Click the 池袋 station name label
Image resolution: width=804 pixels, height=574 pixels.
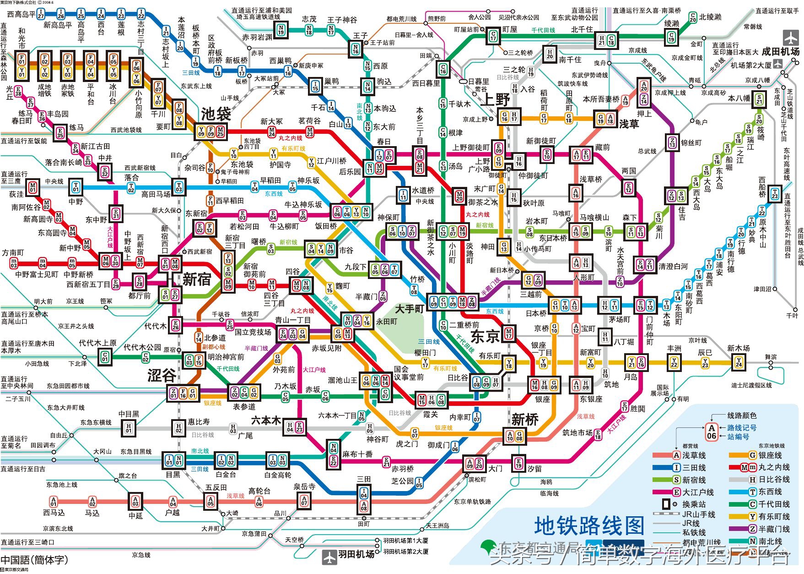(216, 114)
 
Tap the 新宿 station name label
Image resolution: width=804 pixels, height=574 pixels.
(197, 279)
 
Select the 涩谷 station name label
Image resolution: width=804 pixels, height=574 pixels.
(162, 376)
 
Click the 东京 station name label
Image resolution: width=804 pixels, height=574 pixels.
(485, 337)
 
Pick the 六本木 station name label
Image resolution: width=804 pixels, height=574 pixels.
(266, 420)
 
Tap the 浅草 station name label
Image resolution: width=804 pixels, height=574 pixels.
(629, 124)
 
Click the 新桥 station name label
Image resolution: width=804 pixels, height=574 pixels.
(525, 419)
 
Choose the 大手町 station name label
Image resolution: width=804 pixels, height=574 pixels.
(410, 309)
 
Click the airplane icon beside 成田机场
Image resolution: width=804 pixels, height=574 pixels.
(790, 37)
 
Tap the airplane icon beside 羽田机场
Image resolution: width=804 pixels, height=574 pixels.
(329, 557)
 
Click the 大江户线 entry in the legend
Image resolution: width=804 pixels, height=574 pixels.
(698, 492)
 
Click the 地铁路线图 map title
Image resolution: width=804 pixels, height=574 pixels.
(589, 526)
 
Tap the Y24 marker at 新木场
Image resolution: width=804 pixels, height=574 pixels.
(739, 362)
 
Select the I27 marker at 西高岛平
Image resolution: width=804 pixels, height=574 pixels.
(41, 14)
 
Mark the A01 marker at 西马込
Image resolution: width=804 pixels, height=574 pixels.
(54, 501)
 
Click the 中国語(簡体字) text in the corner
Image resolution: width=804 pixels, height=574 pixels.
(34, 560)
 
